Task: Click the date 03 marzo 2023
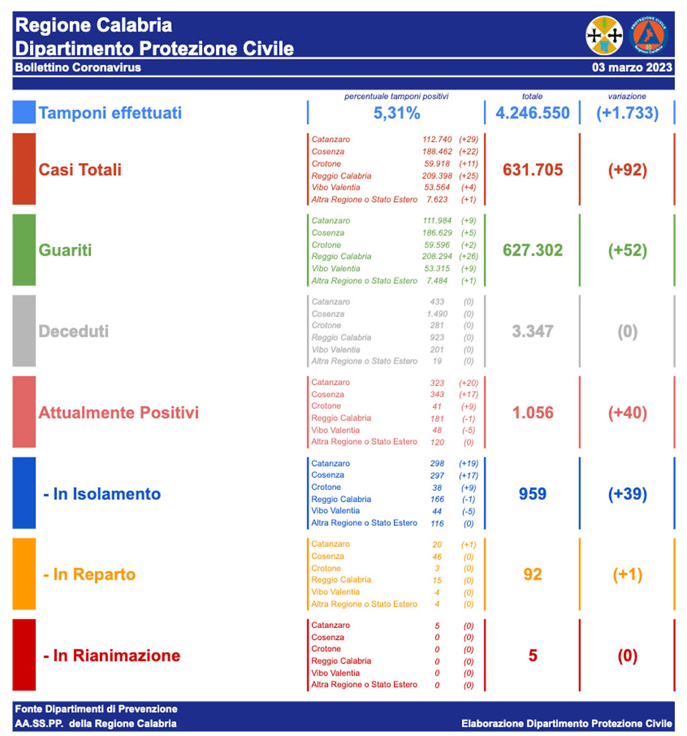tap(631, 68)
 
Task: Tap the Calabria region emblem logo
tap(604, 36)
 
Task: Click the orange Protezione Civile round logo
tap(649, 36)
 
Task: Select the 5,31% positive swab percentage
tap(397, 113)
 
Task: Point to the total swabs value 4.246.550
tap(532, 113)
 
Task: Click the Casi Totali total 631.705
tap(533, 170)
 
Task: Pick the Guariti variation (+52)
tap(627, 250)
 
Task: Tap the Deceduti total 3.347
tap(533, 331)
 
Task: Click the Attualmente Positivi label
tap(119, 413)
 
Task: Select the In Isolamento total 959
tap(533, 494)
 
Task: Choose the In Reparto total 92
tap(533, 575)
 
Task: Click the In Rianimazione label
tap(111, 655)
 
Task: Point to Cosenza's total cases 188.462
tap(436, 152)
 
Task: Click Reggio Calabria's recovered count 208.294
tap(436, 256)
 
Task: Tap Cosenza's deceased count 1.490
tap(437, 314)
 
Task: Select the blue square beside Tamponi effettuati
tap(23, 112)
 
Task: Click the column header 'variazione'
tap(627, 97)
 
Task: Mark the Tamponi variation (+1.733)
tap(627, 113)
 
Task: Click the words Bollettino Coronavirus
tap(78, 68)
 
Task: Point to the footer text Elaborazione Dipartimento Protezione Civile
tap(566, 723)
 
